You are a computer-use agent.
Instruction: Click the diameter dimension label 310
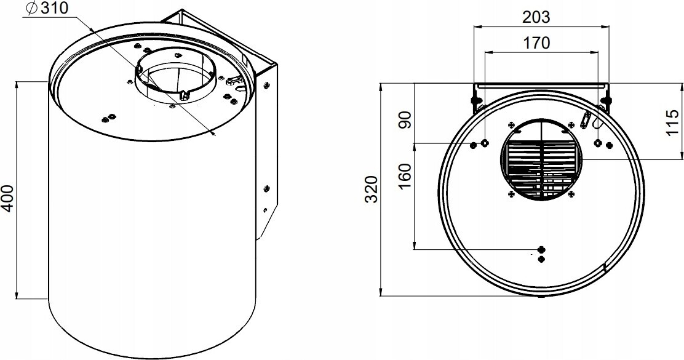point(55,8)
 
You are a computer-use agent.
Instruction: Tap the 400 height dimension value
point(7,199)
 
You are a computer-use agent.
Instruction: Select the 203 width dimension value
point(536,17)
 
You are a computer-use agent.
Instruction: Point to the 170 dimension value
point(536,43)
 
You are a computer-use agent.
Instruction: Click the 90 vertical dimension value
point(405,119)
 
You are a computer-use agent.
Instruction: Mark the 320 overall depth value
point(372,190)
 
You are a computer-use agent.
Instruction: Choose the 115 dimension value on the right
point(673,122)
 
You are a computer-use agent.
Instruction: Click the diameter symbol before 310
point(31,9)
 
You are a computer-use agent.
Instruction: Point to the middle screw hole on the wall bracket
point(266,188)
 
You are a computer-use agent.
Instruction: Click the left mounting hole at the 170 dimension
point(485,143)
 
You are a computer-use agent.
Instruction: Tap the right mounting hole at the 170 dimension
point(598,143)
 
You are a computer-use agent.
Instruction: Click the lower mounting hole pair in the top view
point(542,254)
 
